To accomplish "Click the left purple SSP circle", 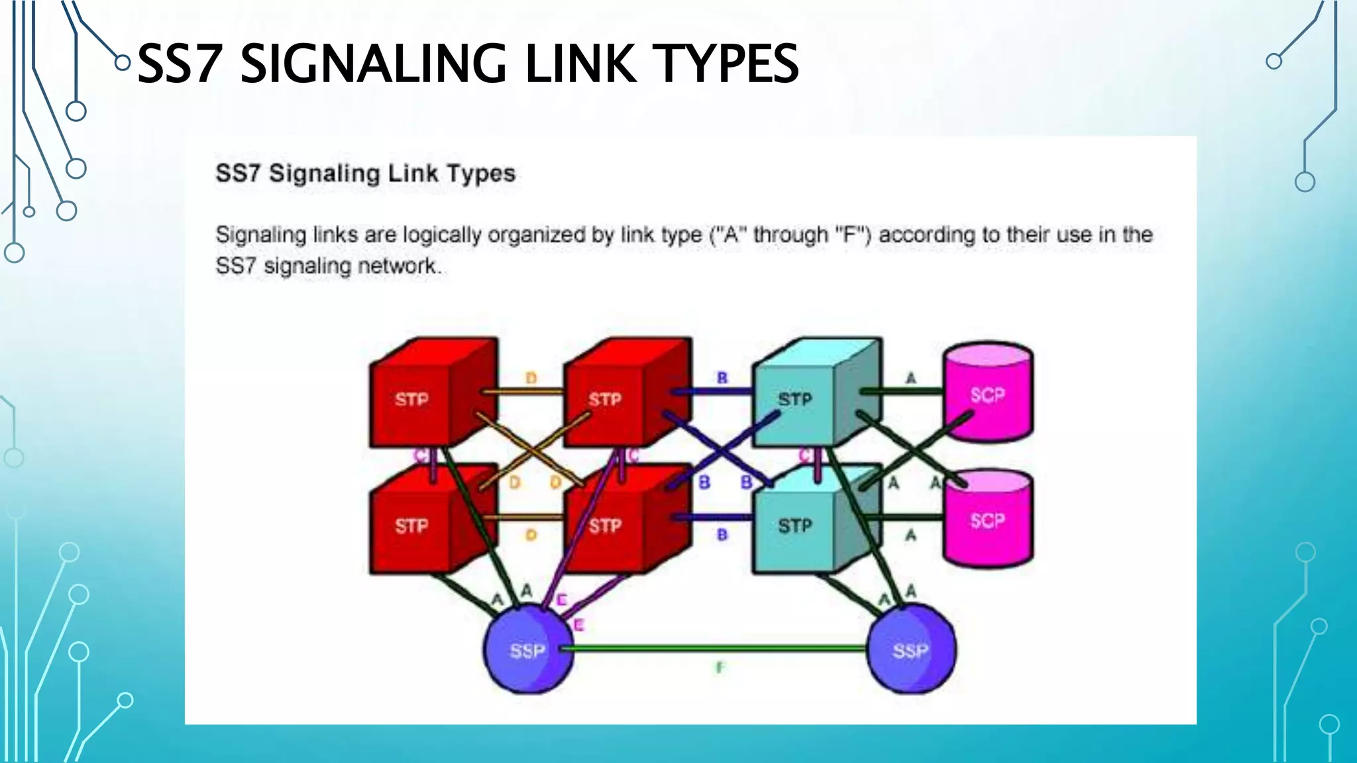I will coord(528,650).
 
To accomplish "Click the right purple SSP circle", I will coord(911,650).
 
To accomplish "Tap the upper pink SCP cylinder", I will coord(987,395).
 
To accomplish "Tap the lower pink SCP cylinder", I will coord(987,521).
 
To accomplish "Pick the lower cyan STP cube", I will coord(795,526).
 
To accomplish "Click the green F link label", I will coord(720,668).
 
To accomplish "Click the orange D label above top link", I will coord(531,378).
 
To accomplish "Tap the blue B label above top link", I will coord(722,378).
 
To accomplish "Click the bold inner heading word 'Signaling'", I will coord(325,174).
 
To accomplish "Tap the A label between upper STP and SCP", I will coord(911,378).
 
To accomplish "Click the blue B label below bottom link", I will coord(722,534).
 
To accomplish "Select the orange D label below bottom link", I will coord(531,534).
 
